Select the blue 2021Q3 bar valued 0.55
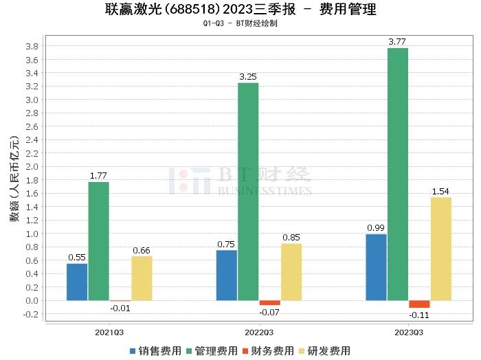(77, 282)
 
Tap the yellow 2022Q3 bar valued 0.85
(291, 271)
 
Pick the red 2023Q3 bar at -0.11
(419, 304)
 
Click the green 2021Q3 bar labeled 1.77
(99, 241)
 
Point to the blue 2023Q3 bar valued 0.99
(376, 267)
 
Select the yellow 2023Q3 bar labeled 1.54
(440, 249)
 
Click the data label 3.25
(248, 76)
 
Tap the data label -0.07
(269, 313)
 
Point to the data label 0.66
(142, 250)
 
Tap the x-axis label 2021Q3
(109, 332)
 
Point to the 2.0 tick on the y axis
(32, 167)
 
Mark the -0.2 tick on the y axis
(30, 314)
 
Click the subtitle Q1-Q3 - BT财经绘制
(240, 23)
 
